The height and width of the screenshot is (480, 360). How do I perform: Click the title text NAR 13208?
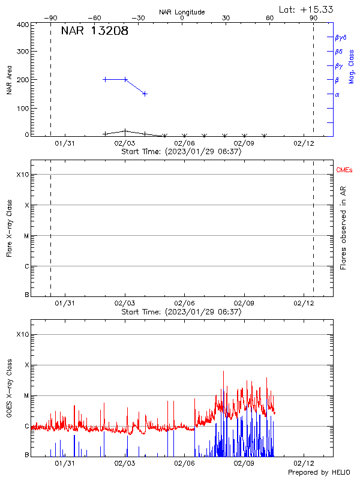[95, 31]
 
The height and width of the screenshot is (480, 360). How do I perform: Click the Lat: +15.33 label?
[307, 9]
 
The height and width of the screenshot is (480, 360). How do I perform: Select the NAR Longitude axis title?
[182, 12]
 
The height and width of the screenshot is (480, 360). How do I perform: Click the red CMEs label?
[344, 171]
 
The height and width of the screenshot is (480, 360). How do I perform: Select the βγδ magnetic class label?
[341, 37]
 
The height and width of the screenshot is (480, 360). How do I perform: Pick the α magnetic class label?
[337, 94]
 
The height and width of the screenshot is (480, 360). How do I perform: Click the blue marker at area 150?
[145, 94]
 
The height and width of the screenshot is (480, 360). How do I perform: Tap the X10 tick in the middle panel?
[22, 175]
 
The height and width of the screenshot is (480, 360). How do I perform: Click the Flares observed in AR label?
[343, 228]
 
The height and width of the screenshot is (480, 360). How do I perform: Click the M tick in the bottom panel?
[26, 395]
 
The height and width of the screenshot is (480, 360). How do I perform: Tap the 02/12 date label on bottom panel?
[304, 463]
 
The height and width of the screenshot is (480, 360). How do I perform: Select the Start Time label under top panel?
[181, 152]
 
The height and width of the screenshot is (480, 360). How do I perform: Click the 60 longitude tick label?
[270, 18]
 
